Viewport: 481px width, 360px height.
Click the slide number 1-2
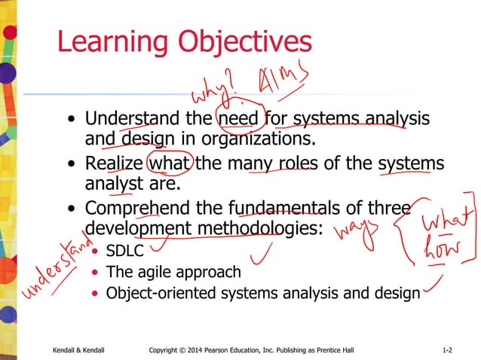[446, 350]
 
